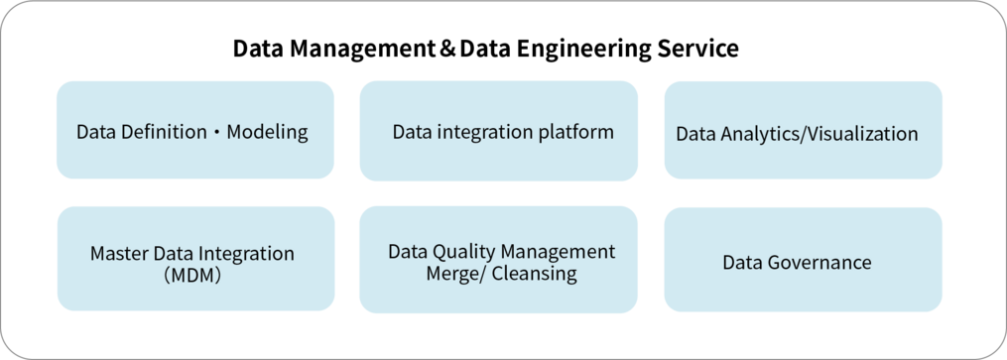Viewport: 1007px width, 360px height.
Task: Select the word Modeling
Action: [x=268, y=132]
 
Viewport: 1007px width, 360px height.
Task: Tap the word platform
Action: [x=576, y=132]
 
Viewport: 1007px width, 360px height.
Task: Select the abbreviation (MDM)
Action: [x=191, y=276]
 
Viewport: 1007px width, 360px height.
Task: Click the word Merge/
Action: [x=453, y=275]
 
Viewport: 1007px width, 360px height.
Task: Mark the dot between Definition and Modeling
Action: [x=217, y=133]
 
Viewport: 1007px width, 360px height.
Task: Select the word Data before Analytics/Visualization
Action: [x=695, y=133]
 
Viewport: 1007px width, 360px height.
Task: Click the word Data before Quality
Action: [x=408, y=252]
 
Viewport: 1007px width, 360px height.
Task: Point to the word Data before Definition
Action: [x=96, y=132]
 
